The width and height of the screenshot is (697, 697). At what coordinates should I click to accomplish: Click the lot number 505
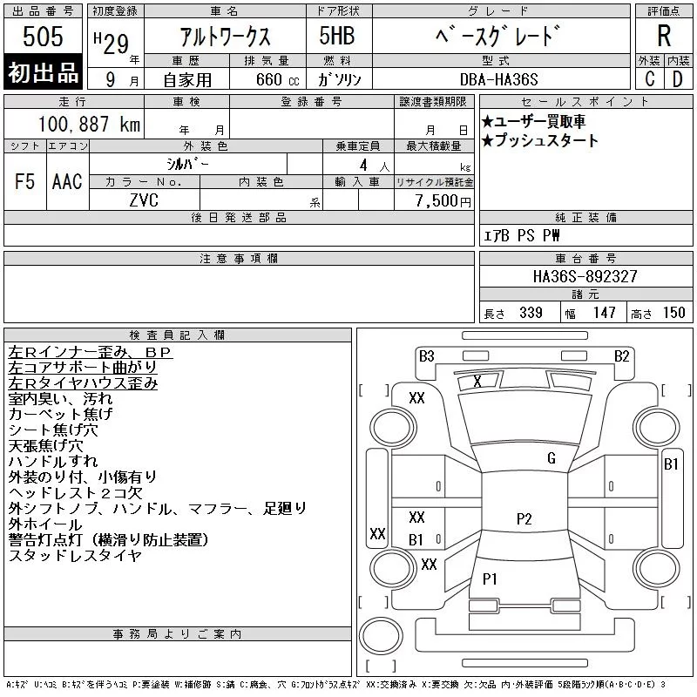[x=43, y=37]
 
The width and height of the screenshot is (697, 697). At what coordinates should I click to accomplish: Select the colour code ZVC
[x=144, y=200]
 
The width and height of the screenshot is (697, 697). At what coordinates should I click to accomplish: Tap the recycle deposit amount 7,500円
[x=445, y=200]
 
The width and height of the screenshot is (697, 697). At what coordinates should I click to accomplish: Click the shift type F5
[x=24, y=181]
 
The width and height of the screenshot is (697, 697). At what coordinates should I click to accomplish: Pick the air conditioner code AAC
[x=66, y=181]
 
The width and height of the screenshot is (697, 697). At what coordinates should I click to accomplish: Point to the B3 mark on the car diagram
[x=426, y=355]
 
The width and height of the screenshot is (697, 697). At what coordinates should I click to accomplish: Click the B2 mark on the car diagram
[x=621, y=355]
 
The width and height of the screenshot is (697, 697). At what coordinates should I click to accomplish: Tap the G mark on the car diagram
[x=551, y=458]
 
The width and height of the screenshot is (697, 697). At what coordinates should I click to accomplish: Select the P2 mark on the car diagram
[x=524, y=518]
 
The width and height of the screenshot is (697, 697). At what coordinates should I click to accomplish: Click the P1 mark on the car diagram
[x=490, y=578]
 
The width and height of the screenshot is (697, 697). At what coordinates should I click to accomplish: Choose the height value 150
[x=673, y=313]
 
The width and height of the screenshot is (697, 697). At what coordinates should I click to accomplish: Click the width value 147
[x=604, y=313]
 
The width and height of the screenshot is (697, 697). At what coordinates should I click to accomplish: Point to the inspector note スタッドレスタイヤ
[x=74, y=555]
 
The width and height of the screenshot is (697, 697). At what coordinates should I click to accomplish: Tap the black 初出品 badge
[x=43, y=73]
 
